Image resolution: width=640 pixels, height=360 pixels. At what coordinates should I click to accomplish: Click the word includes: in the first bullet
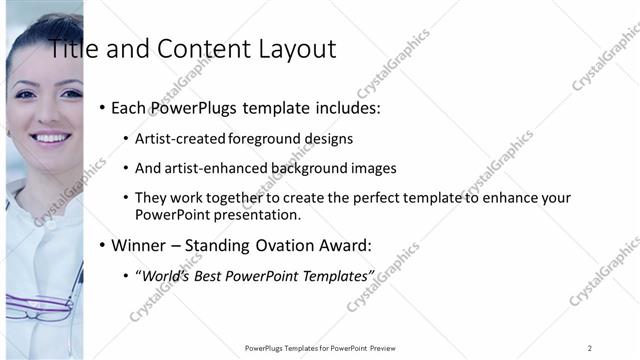click(346, 108)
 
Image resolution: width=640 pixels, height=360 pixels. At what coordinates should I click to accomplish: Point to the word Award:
click(346, 245)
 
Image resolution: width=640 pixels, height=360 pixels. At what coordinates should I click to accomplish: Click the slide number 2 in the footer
click(590, 347)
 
